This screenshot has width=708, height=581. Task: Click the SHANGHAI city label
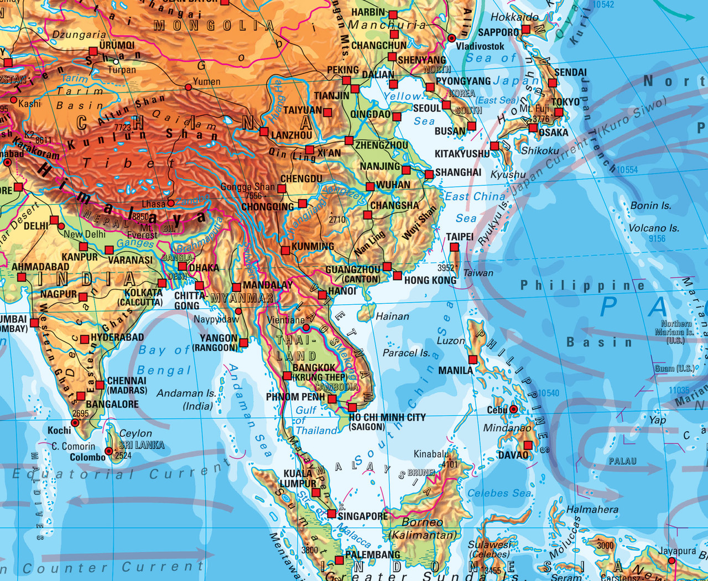[x=458, y=172]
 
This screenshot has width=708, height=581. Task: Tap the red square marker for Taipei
[x=455, y=247]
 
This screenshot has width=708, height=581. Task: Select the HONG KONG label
[x=430, y=281]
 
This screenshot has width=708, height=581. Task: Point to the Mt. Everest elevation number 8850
[x=140, y=217]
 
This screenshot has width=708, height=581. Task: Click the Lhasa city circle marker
[x=171, y=203]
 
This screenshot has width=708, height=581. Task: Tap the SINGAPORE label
[x=362, y=516]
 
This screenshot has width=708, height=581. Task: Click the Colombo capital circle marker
[x=109, y=452]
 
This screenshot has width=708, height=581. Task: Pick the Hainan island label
[x=392, y=317]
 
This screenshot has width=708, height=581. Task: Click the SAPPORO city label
[x=498, y=33]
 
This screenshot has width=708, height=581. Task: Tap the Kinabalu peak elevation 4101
[x=450, y=464]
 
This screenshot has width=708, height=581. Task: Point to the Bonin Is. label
[x=650, y=206]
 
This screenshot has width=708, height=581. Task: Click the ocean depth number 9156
[x=657, y=238]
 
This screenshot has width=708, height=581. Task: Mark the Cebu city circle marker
[x=514, y=409]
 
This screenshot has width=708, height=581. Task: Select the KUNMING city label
[x=313, y=246]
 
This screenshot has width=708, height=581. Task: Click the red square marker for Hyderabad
[x=85, y=339]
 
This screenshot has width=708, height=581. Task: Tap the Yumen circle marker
[x=188, y=87]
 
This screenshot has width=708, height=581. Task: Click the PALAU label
[x=622, y=461]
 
